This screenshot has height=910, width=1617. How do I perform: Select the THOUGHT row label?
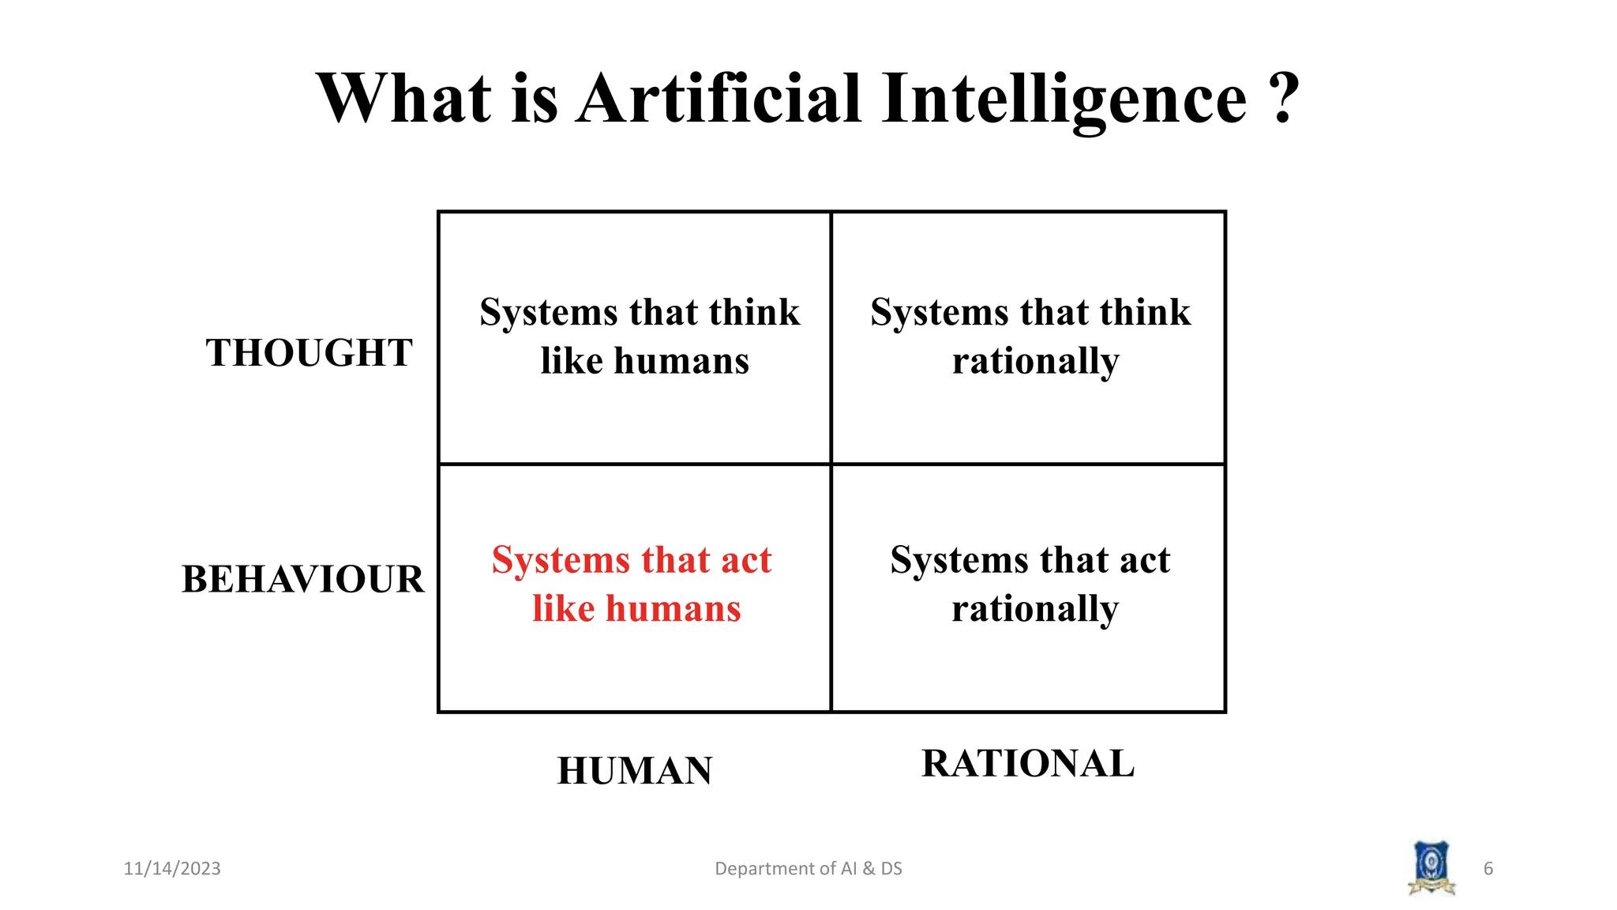point(309,353)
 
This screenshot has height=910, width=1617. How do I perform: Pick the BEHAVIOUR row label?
point(303,579)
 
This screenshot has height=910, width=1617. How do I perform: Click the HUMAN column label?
point(635,771)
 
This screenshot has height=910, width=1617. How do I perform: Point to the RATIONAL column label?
point(1028,764)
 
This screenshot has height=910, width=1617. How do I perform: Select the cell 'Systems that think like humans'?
point(640,337)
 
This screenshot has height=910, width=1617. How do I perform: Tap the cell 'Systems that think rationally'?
point(1031,337)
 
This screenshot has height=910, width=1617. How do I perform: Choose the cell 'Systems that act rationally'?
point(1031,584)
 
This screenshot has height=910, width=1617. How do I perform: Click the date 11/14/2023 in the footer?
point(172,869)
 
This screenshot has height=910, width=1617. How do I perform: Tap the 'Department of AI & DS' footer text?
point(808,869)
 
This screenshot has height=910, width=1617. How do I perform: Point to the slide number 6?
point(1488,869)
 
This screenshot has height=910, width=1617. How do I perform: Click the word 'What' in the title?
point(404,99)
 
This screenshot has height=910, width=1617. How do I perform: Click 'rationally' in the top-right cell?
point(1035,362)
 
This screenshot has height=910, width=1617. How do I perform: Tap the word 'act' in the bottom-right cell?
point(1144,560)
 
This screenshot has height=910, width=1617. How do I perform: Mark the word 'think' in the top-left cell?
point(754,312)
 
